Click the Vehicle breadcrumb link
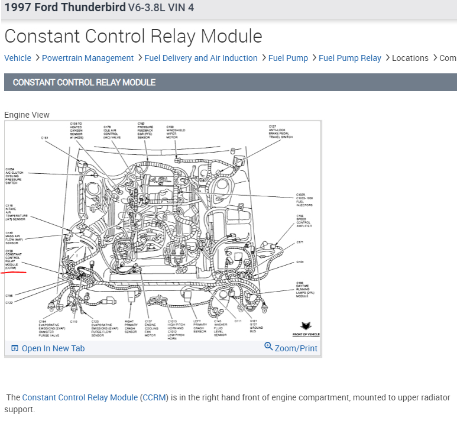18,58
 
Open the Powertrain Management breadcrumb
87,58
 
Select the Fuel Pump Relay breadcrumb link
350,58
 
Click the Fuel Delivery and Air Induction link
201,58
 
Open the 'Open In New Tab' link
48,348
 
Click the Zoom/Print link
296,348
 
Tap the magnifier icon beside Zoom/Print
269,347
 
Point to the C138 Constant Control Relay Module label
13,259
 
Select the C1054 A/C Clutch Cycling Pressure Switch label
14,176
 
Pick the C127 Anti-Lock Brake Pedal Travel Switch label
280,131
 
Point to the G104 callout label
300,262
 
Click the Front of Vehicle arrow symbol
306,326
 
